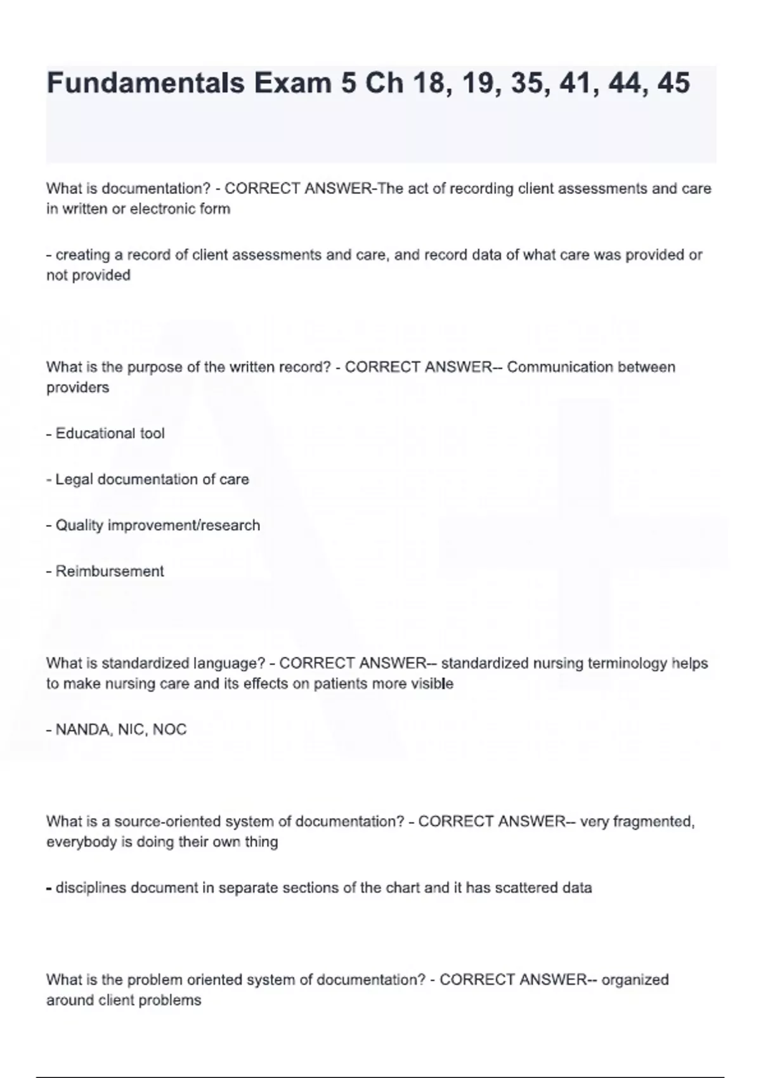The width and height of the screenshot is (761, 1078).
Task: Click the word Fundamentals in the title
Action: pyautogui.click(x=145, y=83)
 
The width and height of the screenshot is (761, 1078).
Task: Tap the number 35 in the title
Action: pyautogui.click(x=526, y=83)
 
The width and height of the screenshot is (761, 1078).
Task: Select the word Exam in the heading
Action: pyautogui.click(x=292, y=83)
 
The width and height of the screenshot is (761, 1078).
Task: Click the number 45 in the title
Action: pyautogui.click(x=673, y=83)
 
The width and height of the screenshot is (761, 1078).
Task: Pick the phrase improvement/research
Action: pyautogui.click(x=184, y=526)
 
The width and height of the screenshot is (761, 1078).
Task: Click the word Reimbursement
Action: pyautogui.click(x=110, y=571)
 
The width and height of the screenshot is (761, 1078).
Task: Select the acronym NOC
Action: pyautogui.click(x=169, y=730)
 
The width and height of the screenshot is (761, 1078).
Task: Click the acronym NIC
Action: pyautogui.click(x=131, y=730)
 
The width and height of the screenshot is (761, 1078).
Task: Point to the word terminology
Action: pyautogui.click(x=627, y=664)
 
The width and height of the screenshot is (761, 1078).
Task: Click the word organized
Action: pyautogui.click(x=635, y=980)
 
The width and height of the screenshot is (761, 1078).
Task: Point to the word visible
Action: pyautogui.click(x=432, y=684)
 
